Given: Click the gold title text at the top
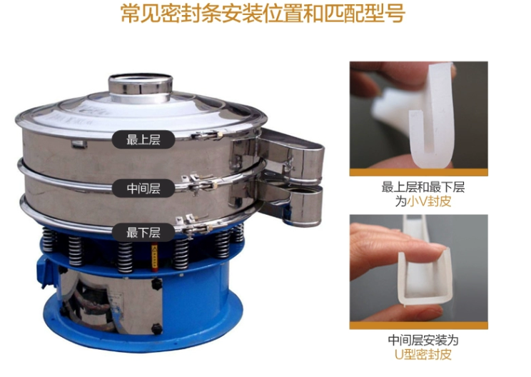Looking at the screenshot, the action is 263,14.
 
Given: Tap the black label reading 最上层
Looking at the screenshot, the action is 143,139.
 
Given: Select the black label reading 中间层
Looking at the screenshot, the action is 143,188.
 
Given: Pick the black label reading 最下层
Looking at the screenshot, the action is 143,233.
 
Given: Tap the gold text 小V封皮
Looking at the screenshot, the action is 430,201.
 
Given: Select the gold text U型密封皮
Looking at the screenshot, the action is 423,354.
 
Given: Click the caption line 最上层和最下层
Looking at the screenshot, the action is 423,187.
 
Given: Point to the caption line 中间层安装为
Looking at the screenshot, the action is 423,340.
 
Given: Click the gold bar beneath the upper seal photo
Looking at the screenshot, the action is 419,172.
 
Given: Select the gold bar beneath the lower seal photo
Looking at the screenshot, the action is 419,326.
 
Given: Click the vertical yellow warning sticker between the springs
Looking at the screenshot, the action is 155,258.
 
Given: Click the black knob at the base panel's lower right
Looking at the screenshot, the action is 156,328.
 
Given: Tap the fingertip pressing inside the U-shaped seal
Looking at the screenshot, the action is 434,251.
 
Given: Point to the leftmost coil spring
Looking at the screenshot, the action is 48,240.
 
